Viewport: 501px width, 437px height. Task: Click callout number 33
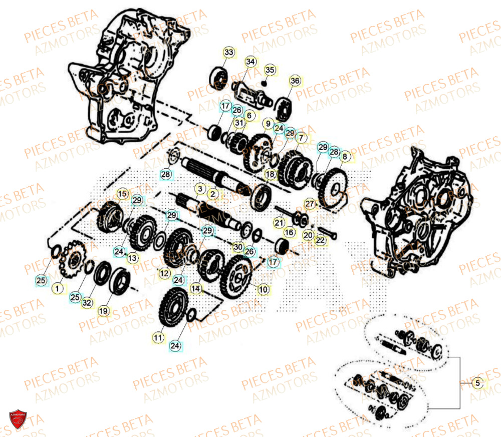click(x=228, y=53)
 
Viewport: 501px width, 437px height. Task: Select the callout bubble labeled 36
click(x=295, y=81)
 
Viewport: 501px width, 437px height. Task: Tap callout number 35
click(x=270, y=70)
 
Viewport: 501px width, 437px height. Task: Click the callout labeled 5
click(x=477, y=383)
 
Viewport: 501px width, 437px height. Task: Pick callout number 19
click(x=103, y=311)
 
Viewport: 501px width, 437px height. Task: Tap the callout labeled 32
click(x=87, y=302)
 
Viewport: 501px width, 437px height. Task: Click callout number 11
click(x=158, y=338)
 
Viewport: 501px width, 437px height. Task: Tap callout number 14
click(x=195, y=289)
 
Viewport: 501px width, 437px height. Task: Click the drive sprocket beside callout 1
click(x=74, y=262)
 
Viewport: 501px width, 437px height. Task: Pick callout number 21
click(x=279, y=222)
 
